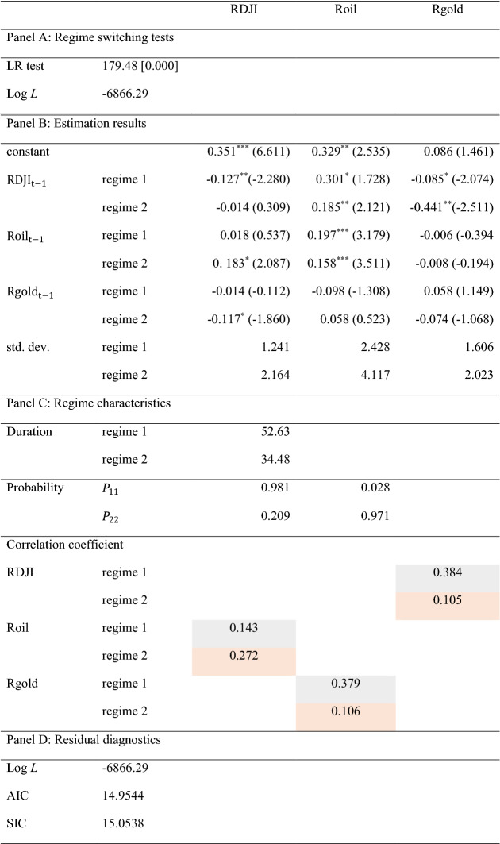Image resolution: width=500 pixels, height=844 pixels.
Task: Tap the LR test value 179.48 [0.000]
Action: click(140, 67)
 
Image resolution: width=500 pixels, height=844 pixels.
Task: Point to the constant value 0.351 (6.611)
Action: click(248, 151)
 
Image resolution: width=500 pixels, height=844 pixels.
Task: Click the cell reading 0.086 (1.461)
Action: click(458, 151)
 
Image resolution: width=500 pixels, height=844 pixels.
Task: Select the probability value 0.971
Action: click(374, 515)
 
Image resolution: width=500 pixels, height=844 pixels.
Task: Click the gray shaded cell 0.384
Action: click(448, 572)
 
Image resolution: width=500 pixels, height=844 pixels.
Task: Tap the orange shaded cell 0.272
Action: click(244, 656)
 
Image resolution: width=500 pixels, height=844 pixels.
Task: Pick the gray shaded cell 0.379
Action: click(346, 684)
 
